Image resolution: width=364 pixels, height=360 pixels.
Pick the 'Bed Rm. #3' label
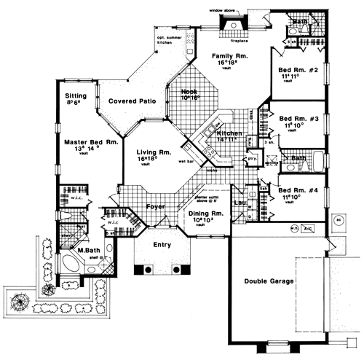(296, 117)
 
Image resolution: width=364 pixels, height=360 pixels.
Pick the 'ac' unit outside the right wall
(339, 218)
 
